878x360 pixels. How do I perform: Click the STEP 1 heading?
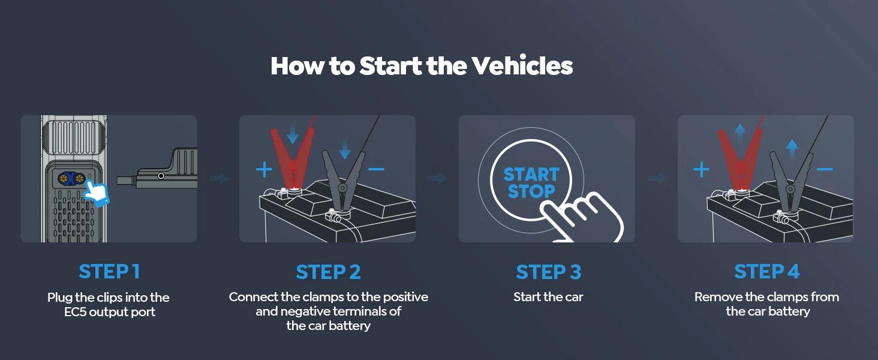pyautogui.click(x=109, y=271)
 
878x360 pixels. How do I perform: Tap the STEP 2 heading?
pyautogui.click(x=328, y=272)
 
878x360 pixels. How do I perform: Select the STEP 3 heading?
pyautogui.click(x=548, y=272)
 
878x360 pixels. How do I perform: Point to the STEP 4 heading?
pyautogui.click(x=767, y=271)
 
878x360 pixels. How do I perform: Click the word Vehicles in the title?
pyautogui.click(x=522, y=66)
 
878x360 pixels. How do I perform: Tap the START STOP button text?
pyautogui.click(x=531, y=183)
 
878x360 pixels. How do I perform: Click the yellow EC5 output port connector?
pyautogui.click(x=70, y=178)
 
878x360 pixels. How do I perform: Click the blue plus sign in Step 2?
pyautogui.click(x=264, y=170)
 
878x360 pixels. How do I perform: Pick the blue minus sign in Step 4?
pyautogui.click(x=825, y=169)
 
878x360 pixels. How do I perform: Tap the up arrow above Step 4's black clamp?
pyautogui.click(x=792, y=147)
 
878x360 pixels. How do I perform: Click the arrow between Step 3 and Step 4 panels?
pyautogui.click(x=657, y=178)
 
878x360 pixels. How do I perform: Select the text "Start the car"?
pyautogui.click(x=548, y=297)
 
